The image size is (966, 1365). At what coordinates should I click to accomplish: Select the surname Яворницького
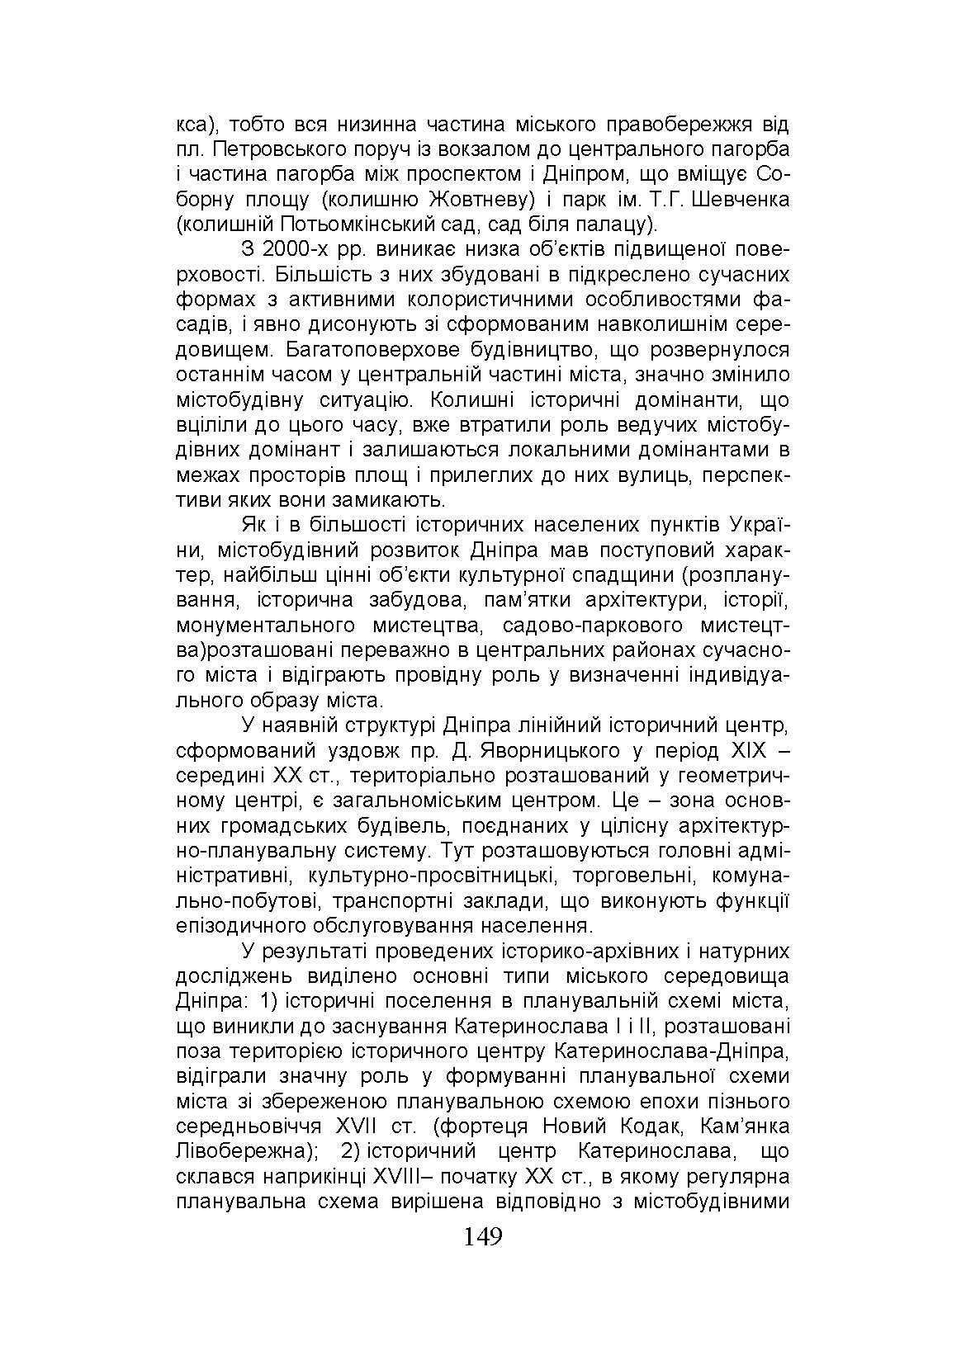(x=532, y=751)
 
